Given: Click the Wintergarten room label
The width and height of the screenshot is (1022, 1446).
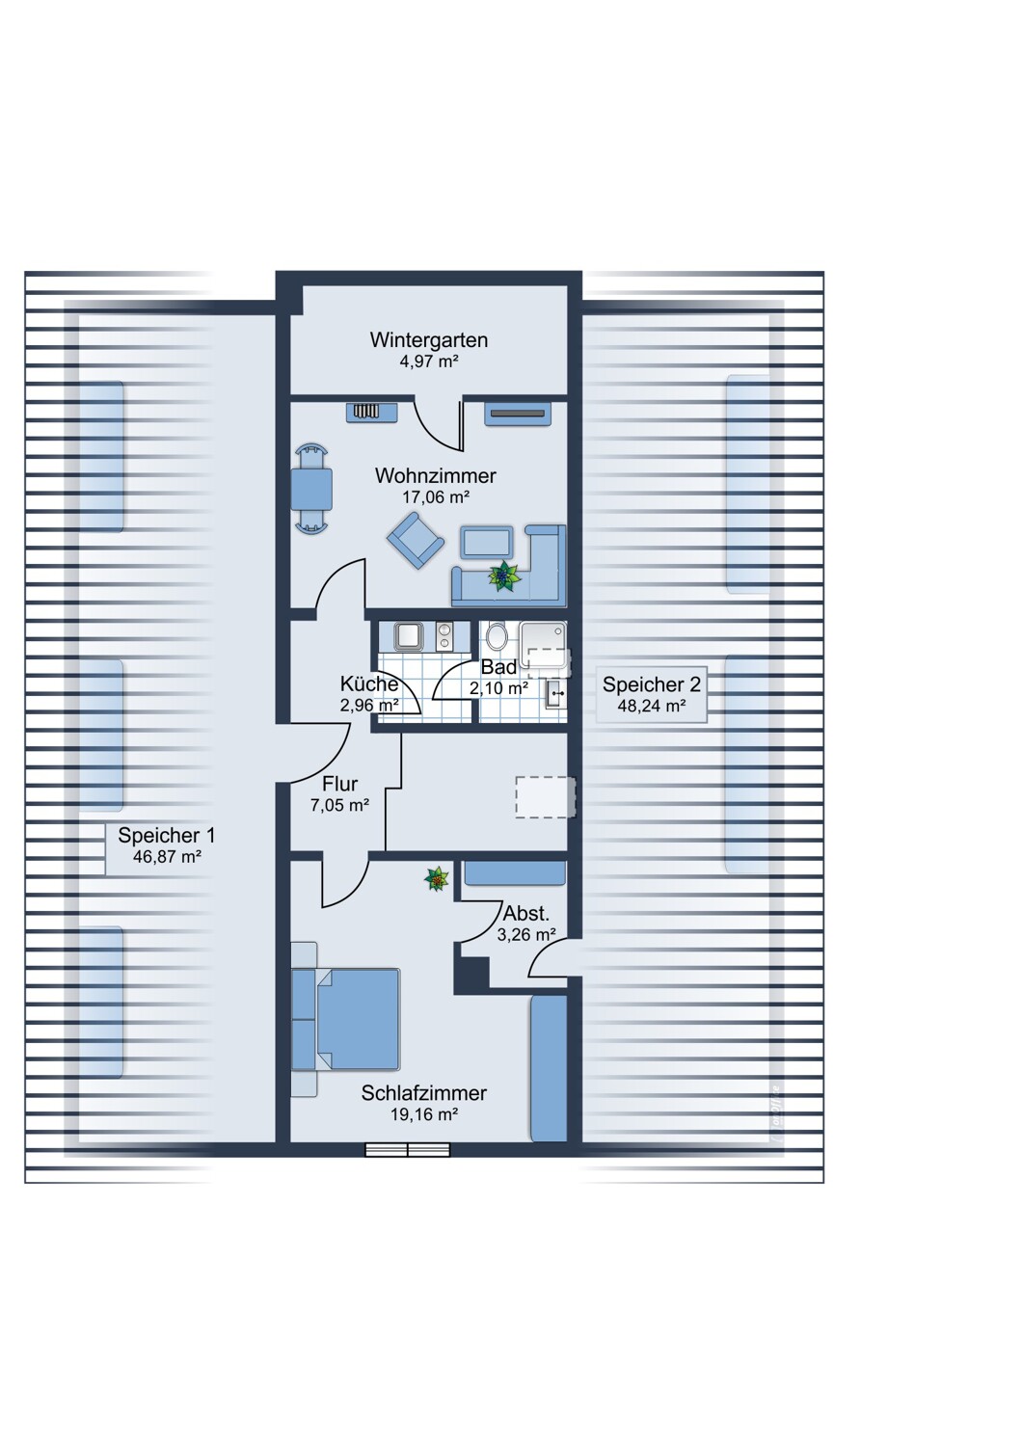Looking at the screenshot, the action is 428,339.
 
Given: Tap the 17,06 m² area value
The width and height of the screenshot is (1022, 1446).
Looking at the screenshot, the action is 435,497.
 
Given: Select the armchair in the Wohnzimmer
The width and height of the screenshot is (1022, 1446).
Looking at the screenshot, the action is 416,540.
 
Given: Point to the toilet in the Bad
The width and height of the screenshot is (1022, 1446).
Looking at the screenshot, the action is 497,636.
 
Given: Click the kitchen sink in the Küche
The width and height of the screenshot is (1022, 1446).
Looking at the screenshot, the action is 408,636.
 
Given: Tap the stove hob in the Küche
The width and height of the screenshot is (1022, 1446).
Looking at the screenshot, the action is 445,636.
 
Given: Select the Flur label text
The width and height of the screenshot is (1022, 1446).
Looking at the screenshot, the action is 339,784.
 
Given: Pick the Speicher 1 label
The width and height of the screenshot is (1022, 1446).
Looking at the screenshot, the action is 167,836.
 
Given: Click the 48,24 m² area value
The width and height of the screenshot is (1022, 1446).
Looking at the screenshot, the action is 651,706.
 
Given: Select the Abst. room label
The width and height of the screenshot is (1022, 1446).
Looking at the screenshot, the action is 526,914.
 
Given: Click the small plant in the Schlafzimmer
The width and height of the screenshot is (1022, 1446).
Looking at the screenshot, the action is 437,879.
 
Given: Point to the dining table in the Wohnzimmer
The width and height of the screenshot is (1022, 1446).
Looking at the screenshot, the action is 311,489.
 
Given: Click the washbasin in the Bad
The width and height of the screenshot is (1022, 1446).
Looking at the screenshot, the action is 555,695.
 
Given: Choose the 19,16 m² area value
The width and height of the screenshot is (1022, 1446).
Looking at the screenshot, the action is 424,1114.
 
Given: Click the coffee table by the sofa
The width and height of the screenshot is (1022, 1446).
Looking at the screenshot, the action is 488,542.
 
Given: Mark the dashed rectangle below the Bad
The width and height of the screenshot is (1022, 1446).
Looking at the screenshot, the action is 546,797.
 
